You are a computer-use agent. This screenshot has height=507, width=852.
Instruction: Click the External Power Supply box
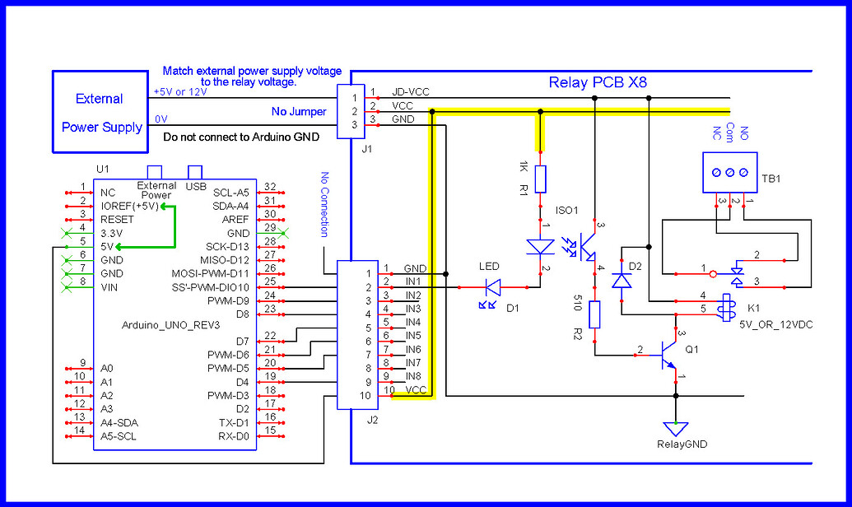pyautogui.click(x=100, y=112)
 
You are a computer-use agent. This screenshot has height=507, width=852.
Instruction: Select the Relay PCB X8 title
pyautogui.click(x=597, y=82)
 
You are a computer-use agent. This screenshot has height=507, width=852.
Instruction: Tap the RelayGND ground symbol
pyautogui.click(x=676, y=428)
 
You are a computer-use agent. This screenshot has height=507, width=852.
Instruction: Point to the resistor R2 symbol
pyautogui.click(x=594, y=314)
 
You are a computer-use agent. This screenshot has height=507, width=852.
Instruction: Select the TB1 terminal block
pyautogui.click(x=730, y=172)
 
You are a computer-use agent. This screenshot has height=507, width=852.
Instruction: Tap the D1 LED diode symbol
pyautogui.click(x=493, y=287)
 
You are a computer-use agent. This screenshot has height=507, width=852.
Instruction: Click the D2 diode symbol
pyautogui.click(x=621, y=281)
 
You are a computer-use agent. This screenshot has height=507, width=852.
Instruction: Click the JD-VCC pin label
pyautogui.click(x=411, y=92)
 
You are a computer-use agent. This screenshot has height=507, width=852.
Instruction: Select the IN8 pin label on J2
pyautogui.click(x=412, y=376)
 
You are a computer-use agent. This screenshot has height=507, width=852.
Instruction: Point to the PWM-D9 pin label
pyautogui.click(x=229, y=300)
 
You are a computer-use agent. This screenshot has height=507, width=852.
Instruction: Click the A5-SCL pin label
pyautogui.click(x=119, y=435)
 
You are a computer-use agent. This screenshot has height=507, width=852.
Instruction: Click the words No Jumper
pyautogui.click(x=299, y=112)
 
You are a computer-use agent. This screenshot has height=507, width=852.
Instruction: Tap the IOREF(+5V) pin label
pyautogui.click(x=130, y=206)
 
